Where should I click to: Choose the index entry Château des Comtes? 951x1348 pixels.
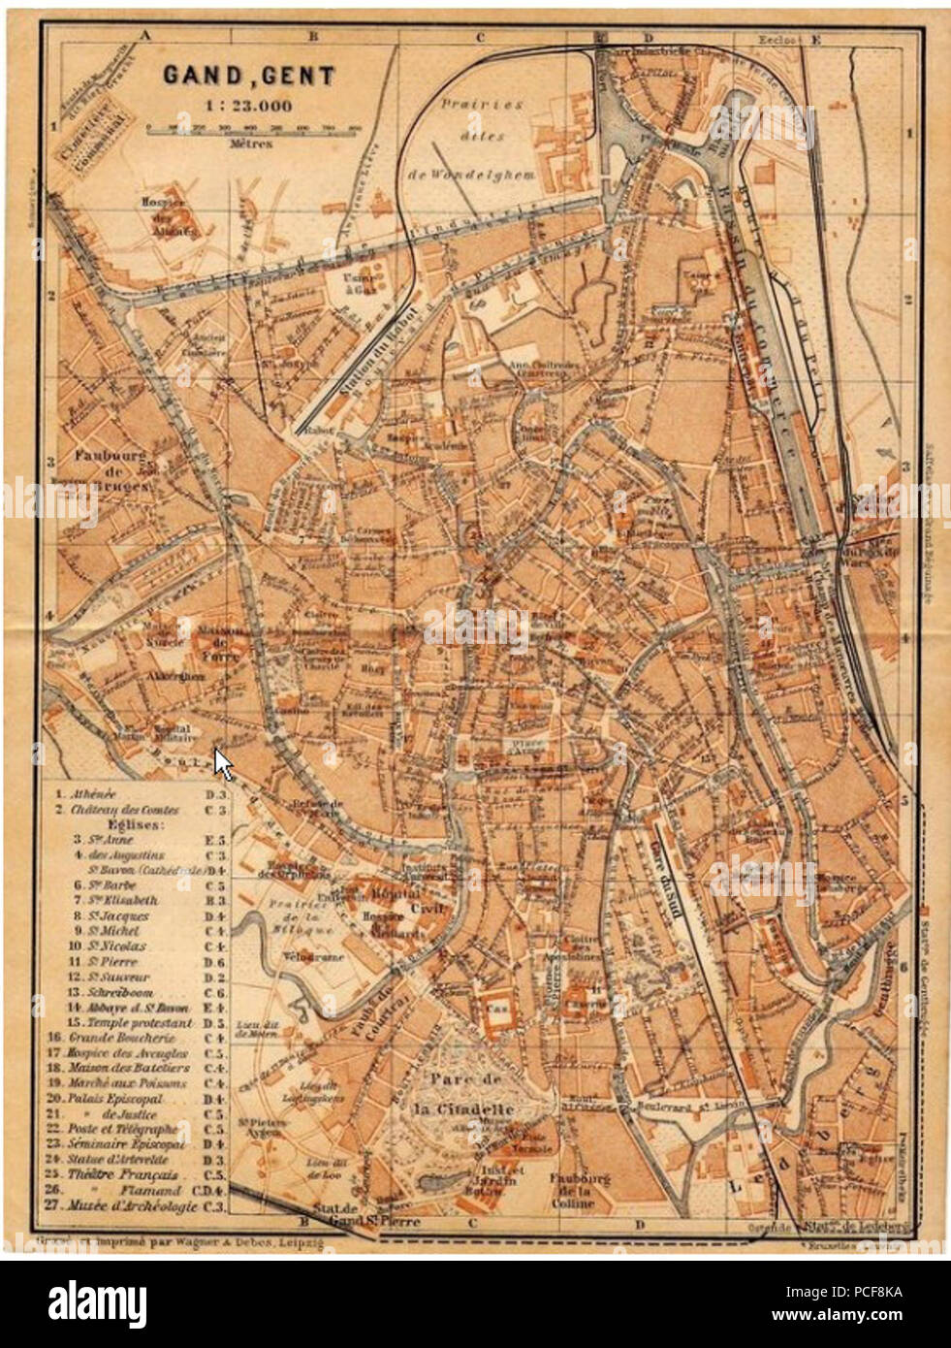pyautogui.click(x=128, y=809)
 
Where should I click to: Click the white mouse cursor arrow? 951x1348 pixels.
pyautogui.click(x=223, y=763)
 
